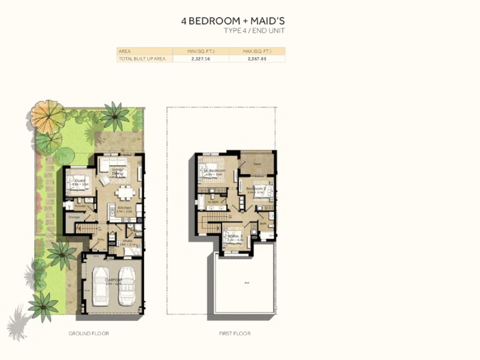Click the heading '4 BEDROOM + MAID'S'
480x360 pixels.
pyautogui.click(x=229, y=20)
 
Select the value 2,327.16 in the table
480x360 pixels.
pyautogui.click(x=200, y=59)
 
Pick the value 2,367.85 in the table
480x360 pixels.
pyautogui.click(x=257, y=59)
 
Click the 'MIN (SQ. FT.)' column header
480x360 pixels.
pyautogui.click(x=200, y=51)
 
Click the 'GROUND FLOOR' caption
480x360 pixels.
pyautogui.click(x=89, y=333)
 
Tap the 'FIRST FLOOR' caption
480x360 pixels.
pyautogui.click(x=235, y=333)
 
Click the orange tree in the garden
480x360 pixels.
pyautogui.click(x=47, y=115)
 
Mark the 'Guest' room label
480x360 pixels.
pyautogui.click(x=78, y=178)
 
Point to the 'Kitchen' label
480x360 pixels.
pyautogui.click(x=124, y=208)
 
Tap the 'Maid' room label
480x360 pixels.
pyautogui.click(x=128, y=241)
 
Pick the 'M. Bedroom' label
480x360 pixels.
pyautogui.click(x=215, y=171)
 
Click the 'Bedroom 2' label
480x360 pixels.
pyautogui.click(x=256, y=189)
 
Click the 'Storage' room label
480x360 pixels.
pyautogui.click(x=74, y=217)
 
